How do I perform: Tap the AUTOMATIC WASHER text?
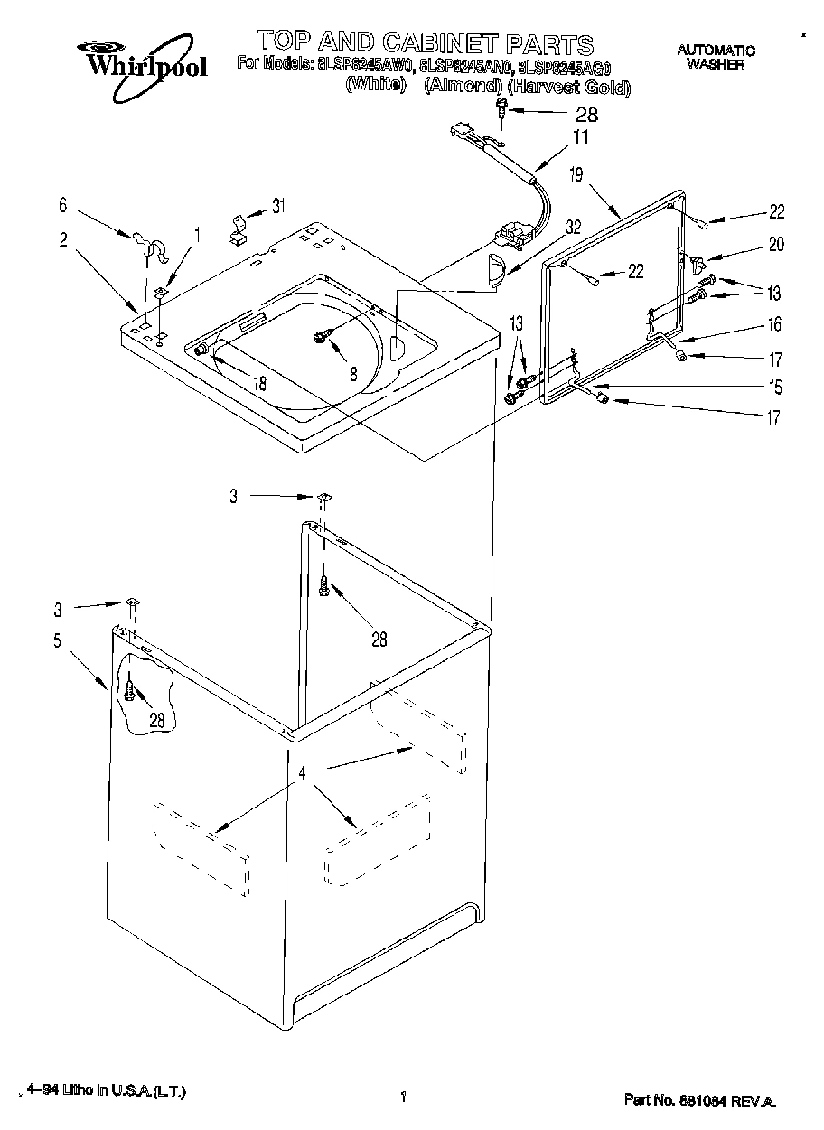coord(716,57)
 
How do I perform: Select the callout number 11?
coord(580,137)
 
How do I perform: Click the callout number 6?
coord(62,207)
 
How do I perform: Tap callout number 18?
coord(260,382)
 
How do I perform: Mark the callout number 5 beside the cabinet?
coord(57,641)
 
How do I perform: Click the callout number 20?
coord(775,245)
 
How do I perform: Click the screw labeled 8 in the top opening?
coord(321,336)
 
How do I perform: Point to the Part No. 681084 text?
coord(698,1101)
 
